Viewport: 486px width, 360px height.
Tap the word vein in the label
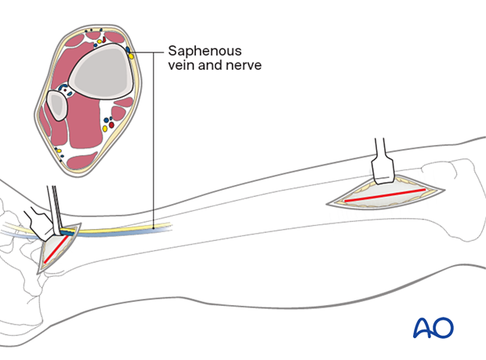coord(180,65)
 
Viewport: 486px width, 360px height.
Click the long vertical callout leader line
coord(153,141)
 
